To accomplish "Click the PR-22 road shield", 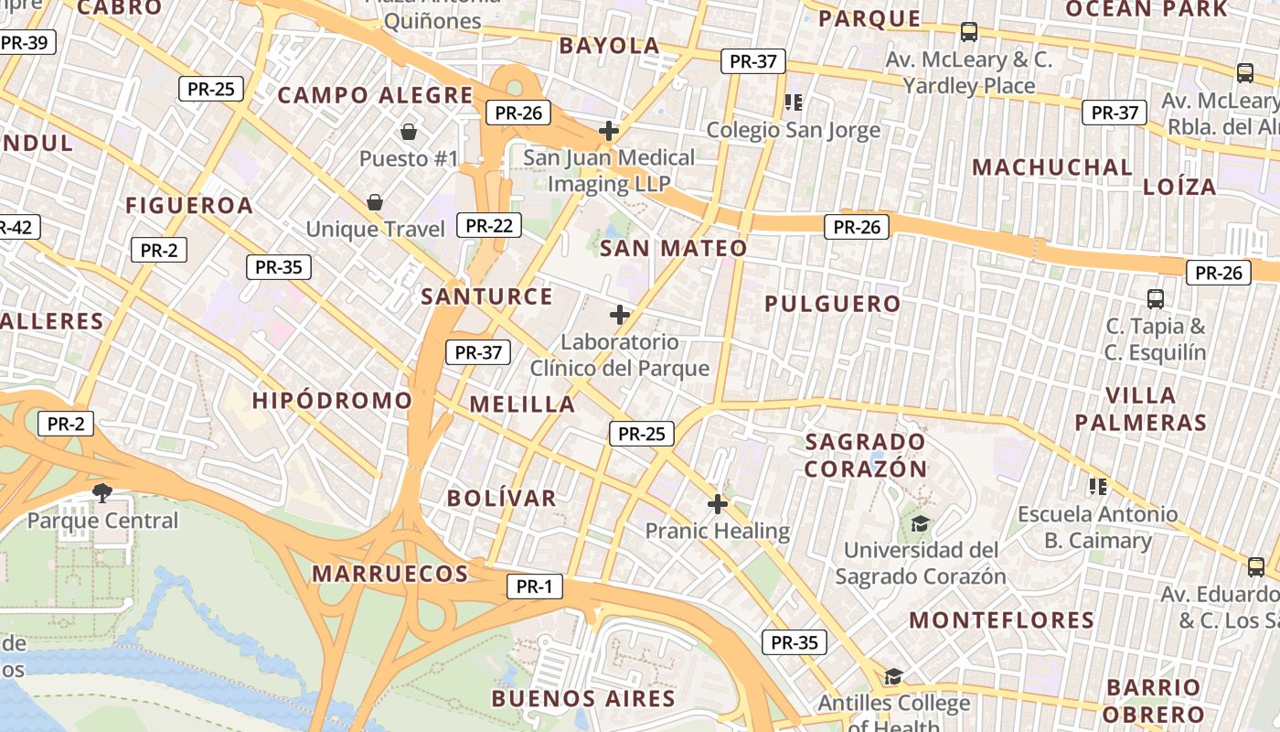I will (x=489, y=225).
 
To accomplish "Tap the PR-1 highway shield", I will (x=535, y=587).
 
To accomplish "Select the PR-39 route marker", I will (x=26, y=43).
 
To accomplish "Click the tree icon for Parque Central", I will (x=102, y=493).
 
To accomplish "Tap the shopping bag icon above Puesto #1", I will (x=408, y=132).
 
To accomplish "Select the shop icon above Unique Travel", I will (x=375, y=202).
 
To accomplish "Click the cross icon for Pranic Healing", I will (x=718, y=504).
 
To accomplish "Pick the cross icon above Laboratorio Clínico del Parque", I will (x=620, y=316).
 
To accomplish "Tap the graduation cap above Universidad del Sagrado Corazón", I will (x=920, y=523).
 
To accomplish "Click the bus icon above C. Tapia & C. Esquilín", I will (x=1156, y=299).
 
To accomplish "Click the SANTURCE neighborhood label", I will (x=486, y=296).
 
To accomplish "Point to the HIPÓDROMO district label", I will (x=332, y=401).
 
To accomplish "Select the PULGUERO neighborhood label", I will (x=832, y=304).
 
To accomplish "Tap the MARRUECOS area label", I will (x=390, y=574).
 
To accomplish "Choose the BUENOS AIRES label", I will (x=583, y=699).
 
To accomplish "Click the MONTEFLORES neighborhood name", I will (x=1001, y=620).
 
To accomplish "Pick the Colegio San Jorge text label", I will (x=793, y=130).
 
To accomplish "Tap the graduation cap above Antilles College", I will (x=893, y=676).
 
